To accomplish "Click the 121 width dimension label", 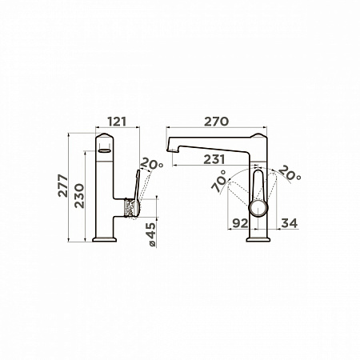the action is (117, 122).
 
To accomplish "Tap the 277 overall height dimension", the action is (63, 186).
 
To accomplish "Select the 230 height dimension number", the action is (79, 196).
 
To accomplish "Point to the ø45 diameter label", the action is (151, 235).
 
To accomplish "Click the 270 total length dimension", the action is (216, 122).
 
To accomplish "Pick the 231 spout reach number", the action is (214, 159).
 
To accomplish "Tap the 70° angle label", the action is (219, 182).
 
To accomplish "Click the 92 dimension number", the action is (240, 223).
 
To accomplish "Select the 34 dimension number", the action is (290, 223).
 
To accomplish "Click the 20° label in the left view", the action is (151, 163).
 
